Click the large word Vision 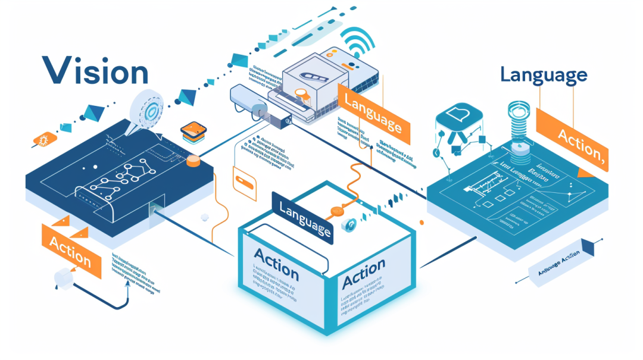point(95,71)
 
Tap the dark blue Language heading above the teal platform point(544,76)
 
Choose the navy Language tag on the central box point(302,216)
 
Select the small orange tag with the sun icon point(45,139)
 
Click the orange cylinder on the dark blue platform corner point(193,161)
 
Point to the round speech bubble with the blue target point(149,109)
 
